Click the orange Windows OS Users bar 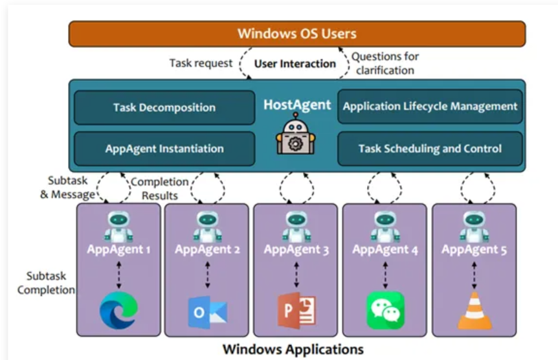coord(297,34)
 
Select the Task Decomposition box coord(164,107)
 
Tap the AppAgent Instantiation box coord(164,148)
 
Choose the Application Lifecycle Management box coord(430,106)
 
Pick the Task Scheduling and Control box coord(430,148)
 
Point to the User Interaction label coord(295,63)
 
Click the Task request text coord(201,63)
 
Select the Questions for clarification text coord(385,63)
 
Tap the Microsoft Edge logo coord(118,311)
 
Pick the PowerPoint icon coord(296,311)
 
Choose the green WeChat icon coord(385,311)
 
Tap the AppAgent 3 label coord(295,249)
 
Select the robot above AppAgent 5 coord(474,226)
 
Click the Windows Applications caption coord(293,350)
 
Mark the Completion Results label coord(159,188)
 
